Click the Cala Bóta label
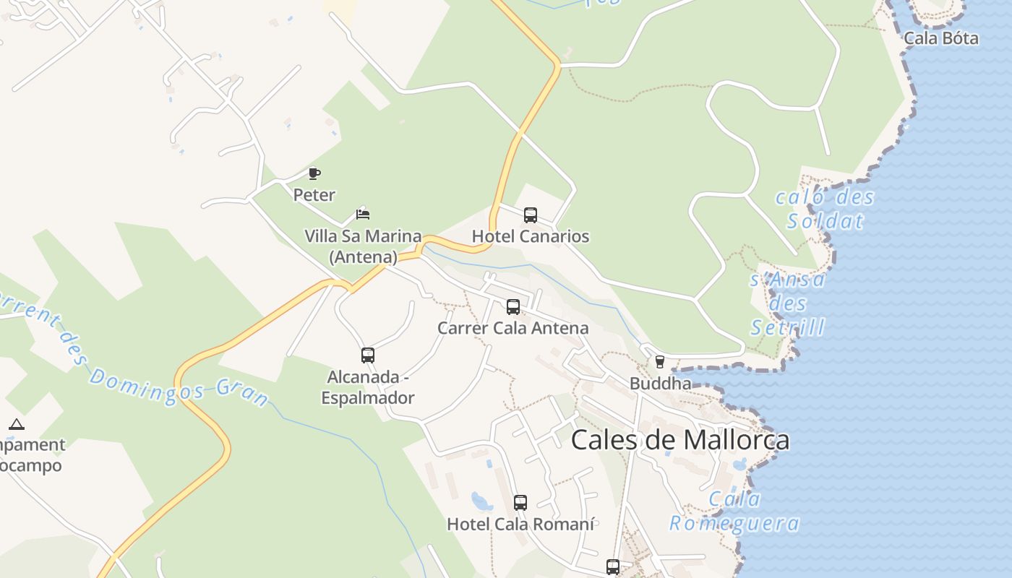pyautogui.click(x=941, y=38)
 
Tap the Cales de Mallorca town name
pyautogui.click(x=680, y=440)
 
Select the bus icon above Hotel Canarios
pyautogui.click(x=531, y=215)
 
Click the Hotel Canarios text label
pyautogui.click(x=531, y=236)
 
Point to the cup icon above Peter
pyautogui.click(x=314, y=173)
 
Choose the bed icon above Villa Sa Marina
pyautogui.click(x=363, y=214)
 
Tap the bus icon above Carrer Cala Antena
pyautogui.click(x=513, y=307)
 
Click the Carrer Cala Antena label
pyautogui.click(x=513, y=328)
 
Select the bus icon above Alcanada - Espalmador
pyautogui.click(x=368, y=355)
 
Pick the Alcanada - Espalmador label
pyautogui.click(x=368, y=387)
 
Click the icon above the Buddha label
pyautogui.click(x=659, y=362)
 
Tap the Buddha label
pyautogui.click(x=660, y=383)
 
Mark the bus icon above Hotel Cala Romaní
pyautogui.click(x=520, y=503)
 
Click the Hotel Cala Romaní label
pyautogui.click(x=520, y=524)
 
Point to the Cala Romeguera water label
pyautogui.click(x=734, y=511)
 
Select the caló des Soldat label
pyautogui.click(x=825, y=209)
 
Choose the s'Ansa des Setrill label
pyautogui.click(x=787, y=303)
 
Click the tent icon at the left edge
pyautogui.click(x=17, y=424)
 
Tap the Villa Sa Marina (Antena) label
pyautogui.click(x=363, y=246)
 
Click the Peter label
pyautogui.click(x=314, y=195)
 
